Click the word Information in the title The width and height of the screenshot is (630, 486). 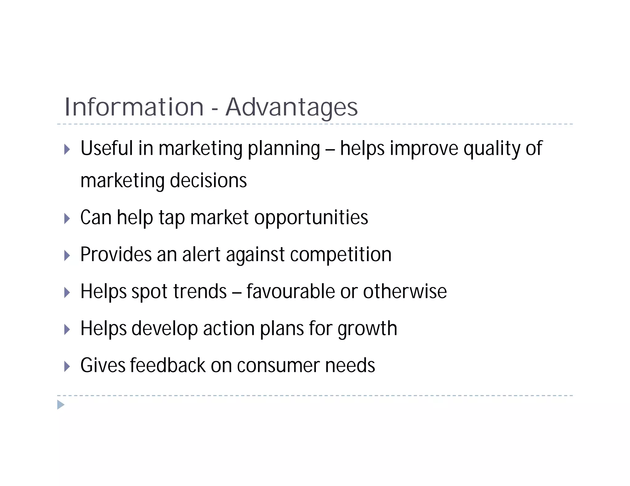click(134, 107)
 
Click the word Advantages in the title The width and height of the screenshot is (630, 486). click(292, 108)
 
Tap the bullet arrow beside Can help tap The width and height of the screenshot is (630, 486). click(67, 219)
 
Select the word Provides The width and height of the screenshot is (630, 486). click(116, 255)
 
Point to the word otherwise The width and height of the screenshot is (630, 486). click(405, 292)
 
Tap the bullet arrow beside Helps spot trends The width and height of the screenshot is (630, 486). click(67, 292)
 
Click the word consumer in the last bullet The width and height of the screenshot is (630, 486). click(278, 366)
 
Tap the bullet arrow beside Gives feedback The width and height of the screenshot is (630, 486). click(67, 366)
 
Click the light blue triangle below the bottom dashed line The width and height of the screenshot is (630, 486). click(61, 405)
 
